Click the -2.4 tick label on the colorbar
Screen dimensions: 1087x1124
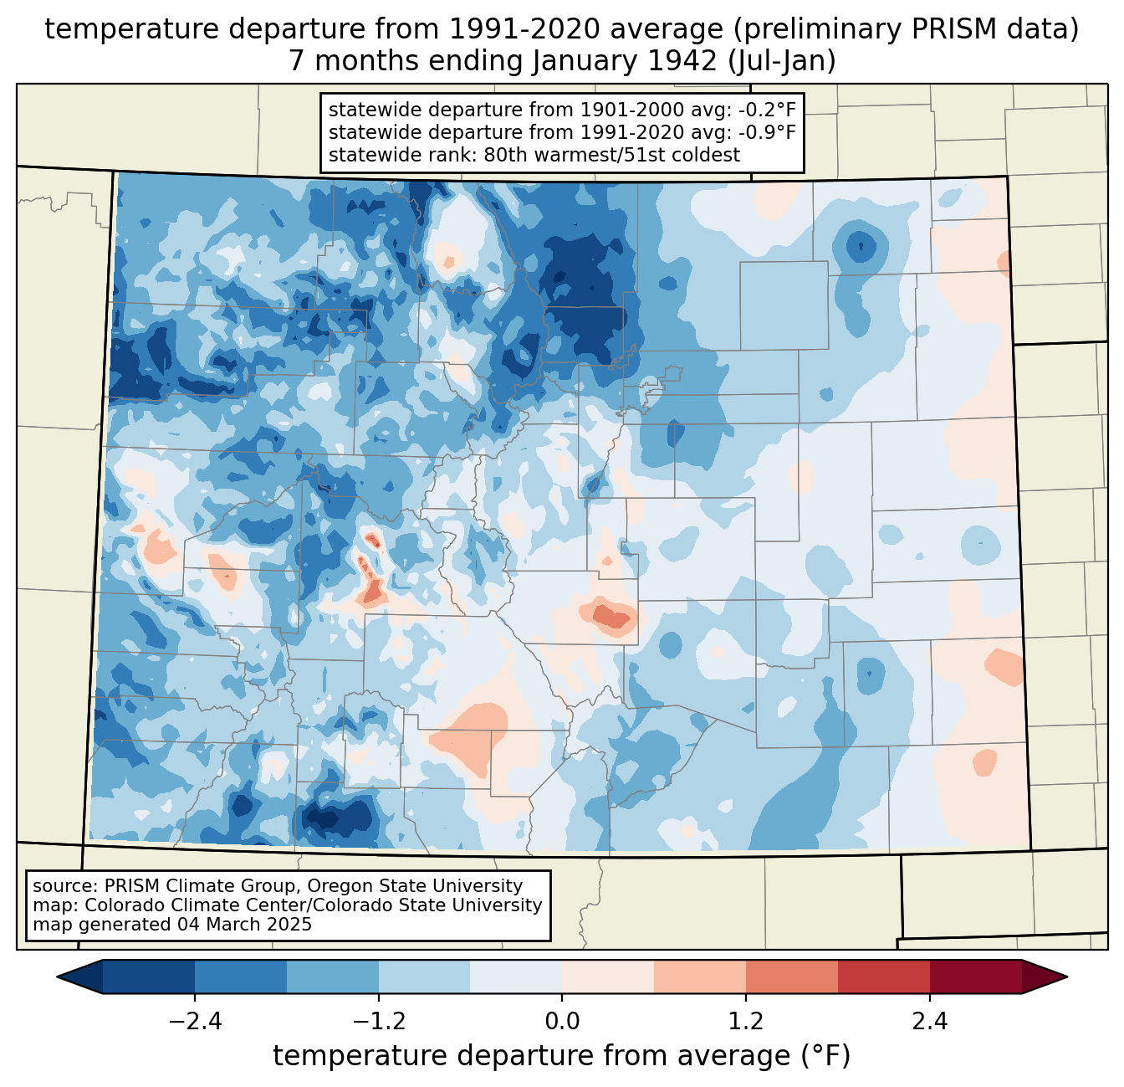[x=194, y=1022]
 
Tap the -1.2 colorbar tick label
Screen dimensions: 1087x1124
[x=378, y=1022]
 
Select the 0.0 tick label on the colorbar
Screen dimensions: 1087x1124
[x=562, y=1022]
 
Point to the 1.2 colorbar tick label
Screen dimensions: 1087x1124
[x=745, y=1022]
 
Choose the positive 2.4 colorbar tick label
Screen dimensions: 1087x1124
[x=929, y=1022]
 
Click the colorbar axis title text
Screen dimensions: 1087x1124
[x=562, y=1056]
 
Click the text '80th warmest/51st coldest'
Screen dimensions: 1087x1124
[x=611, y=155]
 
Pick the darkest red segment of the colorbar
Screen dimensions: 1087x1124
[x=975, y=977]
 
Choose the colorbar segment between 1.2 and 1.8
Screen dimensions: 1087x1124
[x=791, y=977]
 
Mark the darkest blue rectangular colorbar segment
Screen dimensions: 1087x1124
[x=149, y=977]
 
